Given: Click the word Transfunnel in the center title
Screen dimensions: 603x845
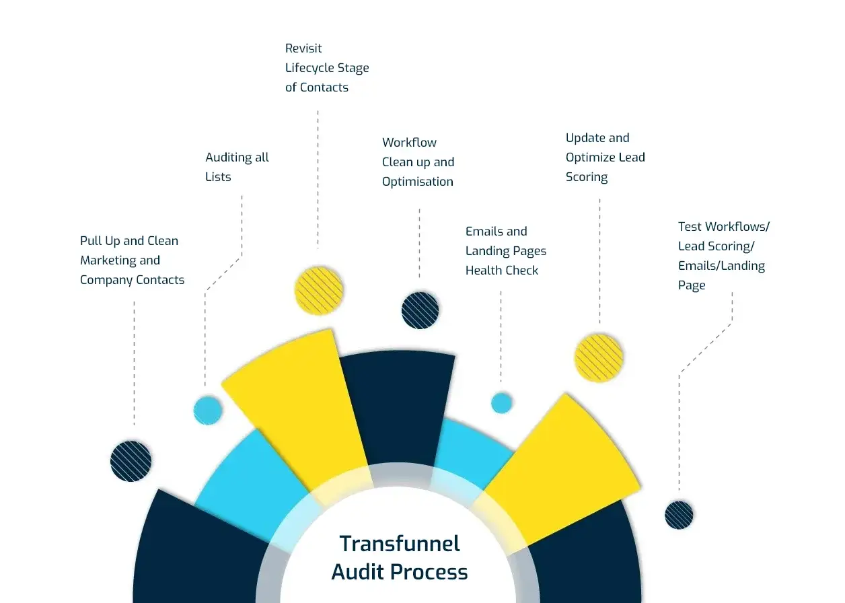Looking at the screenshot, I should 400,543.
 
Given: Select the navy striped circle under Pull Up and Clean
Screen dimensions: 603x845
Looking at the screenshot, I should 131,461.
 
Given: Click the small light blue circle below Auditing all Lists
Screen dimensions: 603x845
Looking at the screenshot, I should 208,410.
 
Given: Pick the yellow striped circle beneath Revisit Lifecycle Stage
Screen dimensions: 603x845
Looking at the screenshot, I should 319,291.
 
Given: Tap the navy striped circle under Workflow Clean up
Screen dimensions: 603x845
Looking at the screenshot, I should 420,310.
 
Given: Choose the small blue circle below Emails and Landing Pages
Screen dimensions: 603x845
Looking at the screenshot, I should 501,402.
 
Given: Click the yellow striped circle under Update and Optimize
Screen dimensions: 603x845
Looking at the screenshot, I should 599,358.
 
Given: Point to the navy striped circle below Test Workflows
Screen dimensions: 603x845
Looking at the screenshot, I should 679,515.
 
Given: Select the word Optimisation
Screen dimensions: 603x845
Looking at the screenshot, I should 418,182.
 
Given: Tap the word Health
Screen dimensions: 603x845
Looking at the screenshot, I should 484,271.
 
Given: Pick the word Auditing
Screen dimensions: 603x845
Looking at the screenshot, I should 228,157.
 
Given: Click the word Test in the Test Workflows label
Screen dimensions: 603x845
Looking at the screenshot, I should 690,227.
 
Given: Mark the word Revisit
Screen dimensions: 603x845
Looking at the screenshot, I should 303,48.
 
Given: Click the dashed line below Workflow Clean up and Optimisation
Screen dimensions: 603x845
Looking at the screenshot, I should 419,242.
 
